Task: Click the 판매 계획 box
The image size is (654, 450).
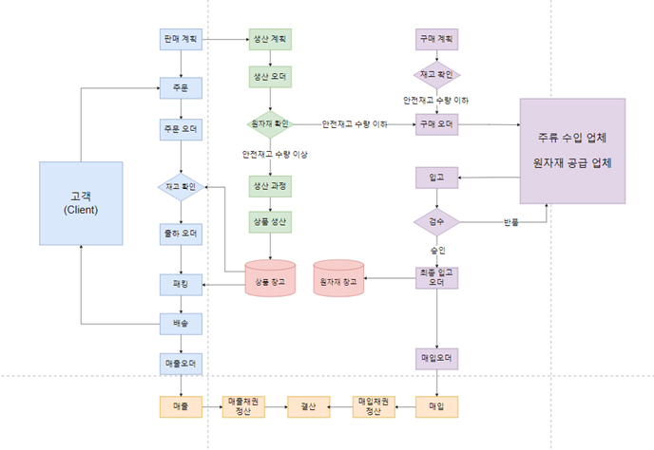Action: coord(180,40)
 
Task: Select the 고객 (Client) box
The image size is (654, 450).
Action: coord(81,202)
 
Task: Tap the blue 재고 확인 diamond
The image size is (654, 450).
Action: coord(180,187)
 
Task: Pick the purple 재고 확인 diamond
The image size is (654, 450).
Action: coord(436,74)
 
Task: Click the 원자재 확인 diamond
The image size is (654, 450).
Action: coord(269,123)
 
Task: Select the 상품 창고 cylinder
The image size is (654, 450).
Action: coord(270,278)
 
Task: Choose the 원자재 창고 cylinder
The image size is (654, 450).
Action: coord(338,278)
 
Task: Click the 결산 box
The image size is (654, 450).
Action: coord(308,405)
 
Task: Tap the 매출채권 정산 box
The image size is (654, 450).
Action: coord(241,405)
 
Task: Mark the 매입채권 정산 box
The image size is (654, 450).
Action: coord(373,405)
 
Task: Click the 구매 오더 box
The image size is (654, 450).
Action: coord(436,123)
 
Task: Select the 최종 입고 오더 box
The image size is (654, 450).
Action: coord(436,277)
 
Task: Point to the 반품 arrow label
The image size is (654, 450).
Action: coord(510,222)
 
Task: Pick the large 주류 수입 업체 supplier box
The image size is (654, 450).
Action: coord(572,150)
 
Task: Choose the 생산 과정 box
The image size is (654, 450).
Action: coord(270,187)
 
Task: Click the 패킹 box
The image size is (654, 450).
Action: coord(180,283)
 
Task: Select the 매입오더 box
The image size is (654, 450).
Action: coord(436,359)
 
